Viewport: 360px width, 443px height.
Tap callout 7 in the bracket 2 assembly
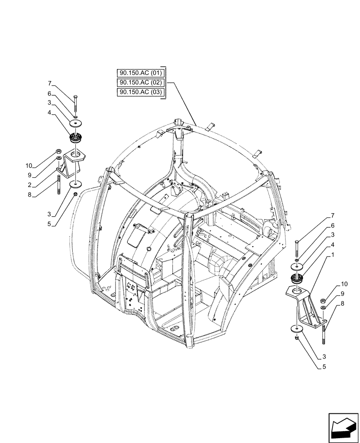pyautogui.click(x=50, y=83)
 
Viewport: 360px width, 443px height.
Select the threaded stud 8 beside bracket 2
pyautogui.click(x=59, y=184)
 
